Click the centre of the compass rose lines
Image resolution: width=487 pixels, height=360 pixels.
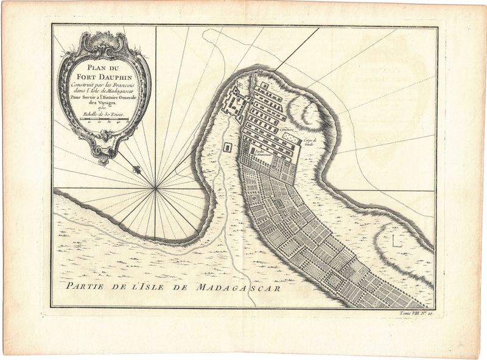[x=156, y=189]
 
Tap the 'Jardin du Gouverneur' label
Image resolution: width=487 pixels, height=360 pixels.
[x=261, y=152]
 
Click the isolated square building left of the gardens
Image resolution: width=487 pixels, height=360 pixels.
[x=228, y=147]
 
